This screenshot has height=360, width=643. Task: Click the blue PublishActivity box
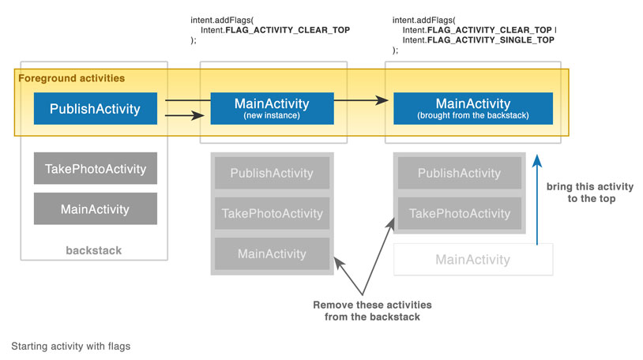tap(95, 108)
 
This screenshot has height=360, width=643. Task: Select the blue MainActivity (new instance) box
tap(272, 108)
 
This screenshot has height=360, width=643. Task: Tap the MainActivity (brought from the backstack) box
tap(473, 108)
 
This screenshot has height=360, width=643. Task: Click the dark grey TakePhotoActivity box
tap(95, 168)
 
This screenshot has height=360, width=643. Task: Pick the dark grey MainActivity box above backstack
tap(95, 208)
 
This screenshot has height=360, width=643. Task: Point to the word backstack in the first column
tap(93, 250)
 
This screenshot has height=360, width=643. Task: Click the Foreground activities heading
tap(71, 78)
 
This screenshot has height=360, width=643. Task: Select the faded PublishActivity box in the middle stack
tap(272, 173)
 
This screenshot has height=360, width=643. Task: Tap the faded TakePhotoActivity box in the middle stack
tap(272, 213)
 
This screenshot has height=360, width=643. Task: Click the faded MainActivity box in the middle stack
tap(272, 253)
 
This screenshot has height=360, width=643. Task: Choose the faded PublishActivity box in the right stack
tap(459, 173)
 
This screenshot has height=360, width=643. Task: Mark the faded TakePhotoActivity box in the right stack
tap(459, 213)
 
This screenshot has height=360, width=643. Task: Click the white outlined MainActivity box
tap(473, 259)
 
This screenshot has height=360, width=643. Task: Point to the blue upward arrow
tap(537, 199)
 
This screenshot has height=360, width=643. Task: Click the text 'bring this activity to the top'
tap(590, 193)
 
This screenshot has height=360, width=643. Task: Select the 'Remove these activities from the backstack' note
tap(372, 311)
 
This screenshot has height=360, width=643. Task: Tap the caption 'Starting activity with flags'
tap(70, 346)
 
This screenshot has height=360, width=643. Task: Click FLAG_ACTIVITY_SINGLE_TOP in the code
tap(491, 39)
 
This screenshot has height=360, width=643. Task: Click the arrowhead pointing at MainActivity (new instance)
tap(198, 115)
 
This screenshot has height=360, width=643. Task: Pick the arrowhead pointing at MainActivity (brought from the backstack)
tap(382, 100)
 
